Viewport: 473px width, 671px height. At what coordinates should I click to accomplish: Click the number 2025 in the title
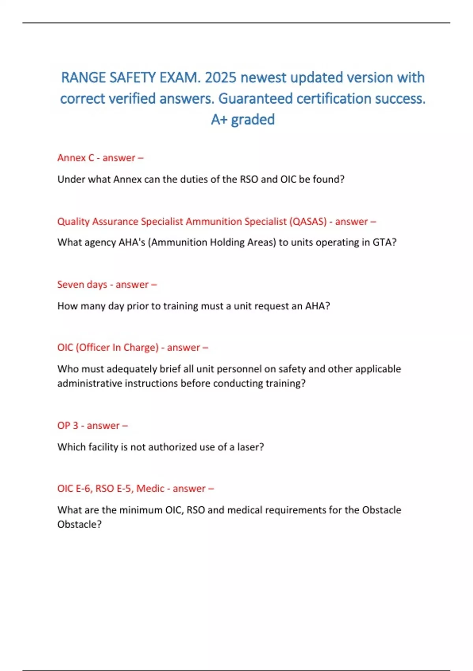(221, 78)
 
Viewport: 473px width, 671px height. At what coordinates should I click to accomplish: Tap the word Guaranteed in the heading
(255, 99)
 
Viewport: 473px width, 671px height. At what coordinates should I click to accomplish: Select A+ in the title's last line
(219, 120)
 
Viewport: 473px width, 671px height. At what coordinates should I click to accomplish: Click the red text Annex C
(76, 158)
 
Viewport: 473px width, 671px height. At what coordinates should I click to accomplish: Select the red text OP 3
(68, 425)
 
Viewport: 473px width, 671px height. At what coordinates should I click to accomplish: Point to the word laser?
(250, 447)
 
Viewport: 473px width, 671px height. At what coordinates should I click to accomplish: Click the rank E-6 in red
(84, 489)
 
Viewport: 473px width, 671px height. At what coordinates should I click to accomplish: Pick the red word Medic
(150, 489)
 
